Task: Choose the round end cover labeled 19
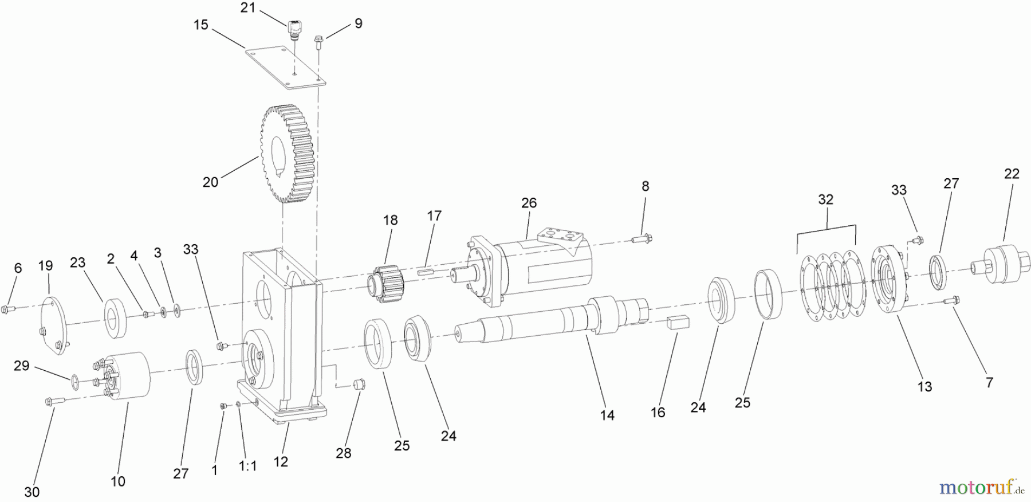tap(52, 324)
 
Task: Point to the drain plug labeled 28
tap(360, 383)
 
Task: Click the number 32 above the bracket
tap(825, 200)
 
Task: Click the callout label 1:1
tap(248, 466)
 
